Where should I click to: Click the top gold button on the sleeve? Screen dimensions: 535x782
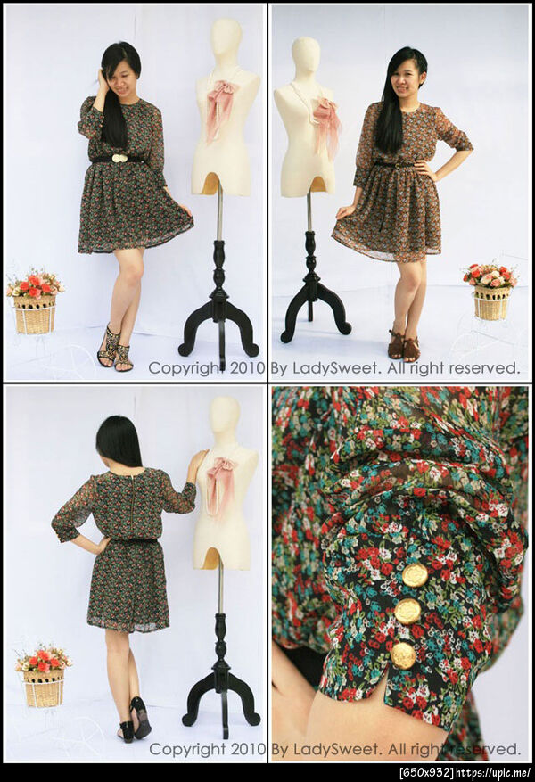(415, 576)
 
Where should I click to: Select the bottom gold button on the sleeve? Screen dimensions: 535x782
(403, 654)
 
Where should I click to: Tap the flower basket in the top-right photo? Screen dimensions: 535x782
(490, 292)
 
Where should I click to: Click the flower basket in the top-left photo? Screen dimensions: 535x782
(35, 303)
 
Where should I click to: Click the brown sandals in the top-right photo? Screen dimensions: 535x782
(404, 345)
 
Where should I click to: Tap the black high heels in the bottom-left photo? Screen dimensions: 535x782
(135, 720)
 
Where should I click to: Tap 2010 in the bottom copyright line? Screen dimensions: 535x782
(248, 749)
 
